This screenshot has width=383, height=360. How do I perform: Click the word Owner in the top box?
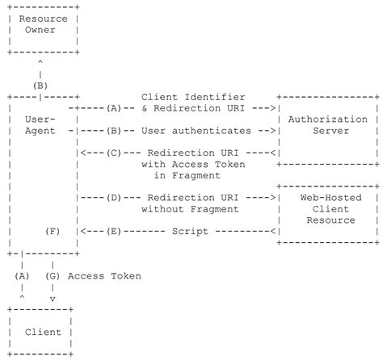[x=43, y=30]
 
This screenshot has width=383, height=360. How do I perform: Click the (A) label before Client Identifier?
[x=113, y=107]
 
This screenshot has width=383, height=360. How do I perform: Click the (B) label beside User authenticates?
[x=113, y=130]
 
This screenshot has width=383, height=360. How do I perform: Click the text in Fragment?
[x=190, y=175]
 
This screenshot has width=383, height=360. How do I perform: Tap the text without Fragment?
[x=190, y=209]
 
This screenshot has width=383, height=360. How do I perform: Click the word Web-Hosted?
[x=327, y=198]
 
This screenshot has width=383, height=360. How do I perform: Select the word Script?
[x=190, y=231]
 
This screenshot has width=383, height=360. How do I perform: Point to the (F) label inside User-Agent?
[x=53, y=231]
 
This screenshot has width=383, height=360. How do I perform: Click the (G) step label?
[x=53, y=276]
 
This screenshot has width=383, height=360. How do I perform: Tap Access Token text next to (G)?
[x=104, y=276]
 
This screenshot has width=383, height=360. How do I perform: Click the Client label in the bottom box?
[x=43, y=332]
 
